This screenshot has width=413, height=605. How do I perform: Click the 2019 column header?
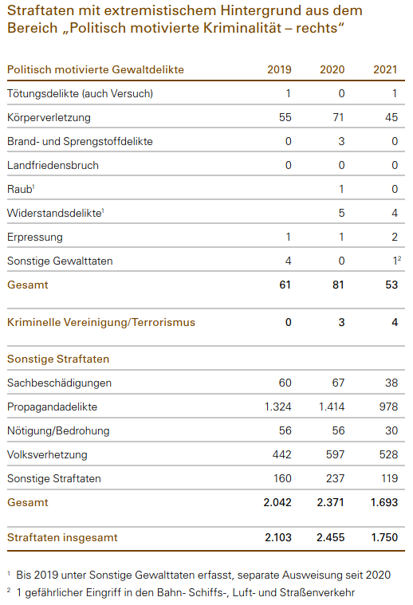(279, 70)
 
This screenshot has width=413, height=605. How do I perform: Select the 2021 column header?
(385, 70)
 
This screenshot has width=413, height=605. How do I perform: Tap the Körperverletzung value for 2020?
(338, 117)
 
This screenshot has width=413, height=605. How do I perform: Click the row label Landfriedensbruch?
(53, 165)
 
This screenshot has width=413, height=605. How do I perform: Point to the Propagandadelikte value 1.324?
(278, 407)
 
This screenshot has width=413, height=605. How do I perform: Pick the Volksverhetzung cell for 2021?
(388, 454)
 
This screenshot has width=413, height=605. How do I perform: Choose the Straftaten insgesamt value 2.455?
(330, 537)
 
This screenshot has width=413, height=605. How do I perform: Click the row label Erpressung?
(35, 238)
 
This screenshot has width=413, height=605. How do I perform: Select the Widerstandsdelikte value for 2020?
(341, 213)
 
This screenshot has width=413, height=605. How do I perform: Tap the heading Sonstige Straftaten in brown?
(58, 359)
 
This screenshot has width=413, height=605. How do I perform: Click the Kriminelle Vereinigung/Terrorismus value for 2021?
(395, 322)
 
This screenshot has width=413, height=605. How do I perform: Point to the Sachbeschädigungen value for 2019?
(285, 383)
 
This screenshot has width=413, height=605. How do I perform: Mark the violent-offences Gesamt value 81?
(338, 285)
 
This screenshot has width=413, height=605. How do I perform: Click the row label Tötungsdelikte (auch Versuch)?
(80, 94)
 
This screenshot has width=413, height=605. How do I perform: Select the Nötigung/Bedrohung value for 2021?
(391, 430)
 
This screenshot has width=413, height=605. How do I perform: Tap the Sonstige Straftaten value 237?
(335, 478)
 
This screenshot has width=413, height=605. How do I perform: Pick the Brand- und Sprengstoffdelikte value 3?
(341, 141)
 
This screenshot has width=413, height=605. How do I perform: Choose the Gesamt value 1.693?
(384, 502)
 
